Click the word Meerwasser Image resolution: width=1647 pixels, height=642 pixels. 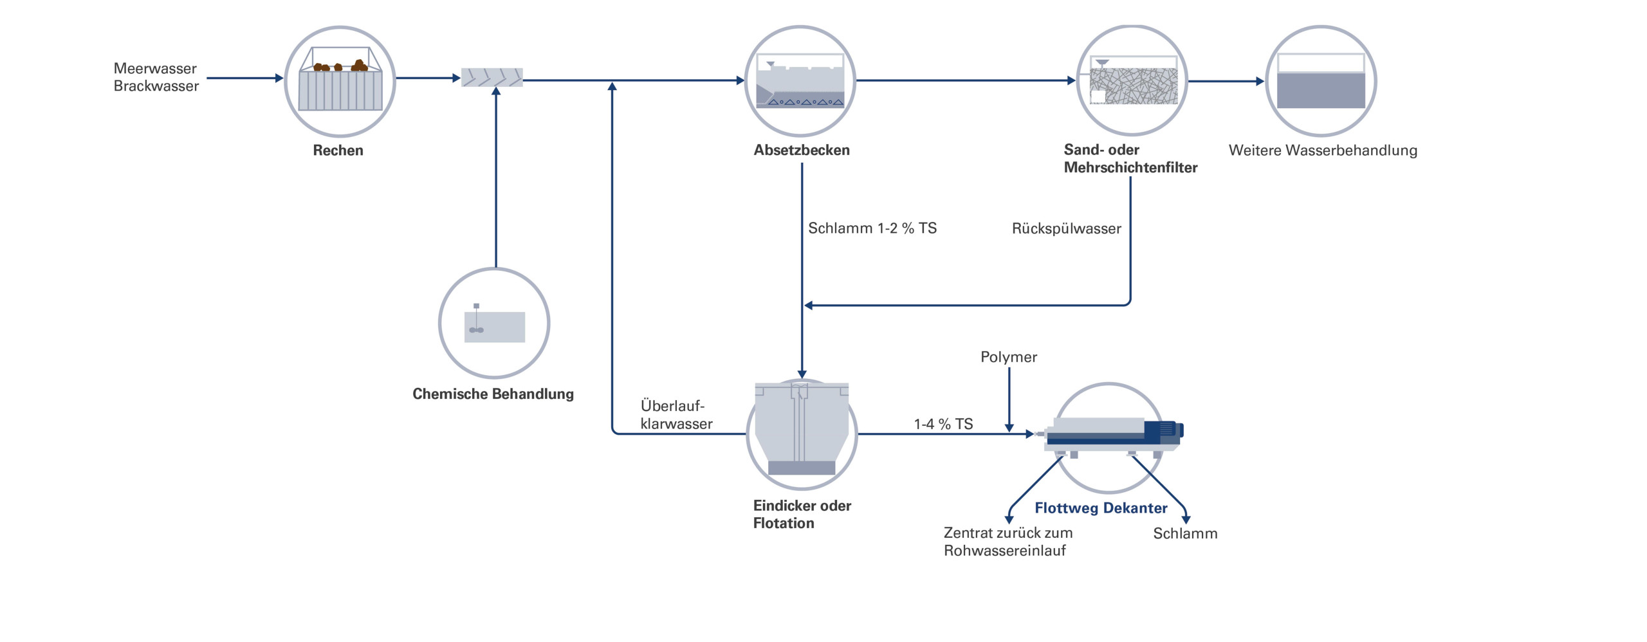(x=155, y=69)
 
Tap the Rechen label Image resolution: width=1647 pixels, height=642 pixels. (x=338, y=151)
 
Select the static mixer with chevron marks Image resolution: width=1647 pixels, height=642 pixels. (x=492, y=78)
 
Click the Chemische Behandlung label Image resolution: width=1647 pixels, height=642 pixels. (x=493, y=394)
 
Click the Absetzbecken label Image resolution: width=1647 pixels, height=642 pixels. (x=802, y=150)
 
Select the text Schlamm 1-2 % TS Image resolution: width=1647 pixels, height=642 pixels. (x=872, y=228)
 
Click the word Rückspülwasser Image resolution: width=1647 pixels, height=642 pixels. (x=1066, y=229)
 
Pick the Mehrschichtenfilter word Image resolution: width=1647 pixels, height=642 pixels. (x=1130, y=168)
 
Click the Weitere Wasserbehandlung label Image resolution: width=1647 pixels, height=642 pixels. (x=1323, y=151)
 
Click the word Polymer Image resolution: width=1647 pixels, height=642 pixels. (x=1008, y=357)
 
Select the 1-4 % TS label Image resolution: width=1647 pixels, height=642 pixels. (x=943, y=424)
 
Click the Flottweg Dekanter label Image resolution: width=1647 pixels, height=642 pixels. (x=1100, y=508)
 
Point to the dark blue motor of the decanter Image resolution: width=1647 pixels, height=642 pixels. (x=1163, y=430)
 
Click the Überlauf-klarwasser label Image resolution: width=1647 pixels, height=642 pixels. (x=676, y=415)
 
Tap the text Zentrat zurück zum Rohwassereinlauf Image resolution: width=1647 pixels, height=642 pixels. (x=1007, y=542)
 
